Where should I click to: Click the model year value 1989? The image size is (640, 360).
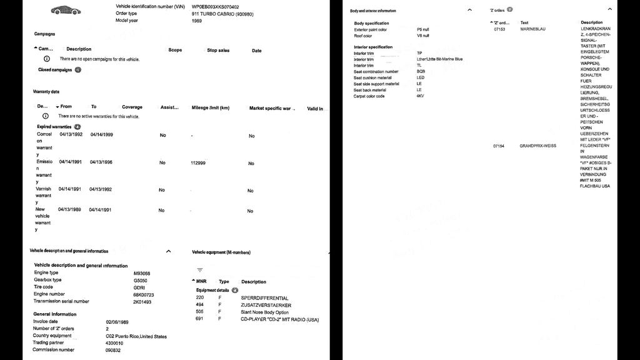197,21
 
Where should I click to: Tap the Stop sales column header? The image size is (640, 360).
218,51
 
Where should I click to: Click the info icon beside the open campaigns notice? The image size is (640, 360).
47,59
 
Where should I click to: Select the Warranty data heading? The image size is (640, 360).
46,92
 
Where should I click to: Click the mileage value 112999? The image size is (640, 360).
198,162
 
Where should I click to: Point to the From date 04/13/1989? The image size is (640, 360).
70,209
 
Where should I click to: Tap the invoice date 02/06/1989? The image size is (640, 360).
118,321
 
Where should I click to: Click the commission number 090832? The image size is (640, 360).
113,350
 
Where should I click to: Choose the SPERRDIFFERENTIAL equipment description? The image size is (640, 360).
265,297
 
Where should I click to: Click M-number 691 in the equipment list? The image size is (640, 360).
199,319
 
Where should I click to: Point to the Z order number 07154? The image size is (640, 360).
499,146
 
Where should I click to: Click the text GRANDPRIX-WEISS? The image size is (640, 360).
537,146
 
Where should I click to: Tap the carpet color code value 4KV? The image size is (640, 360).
420,96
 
